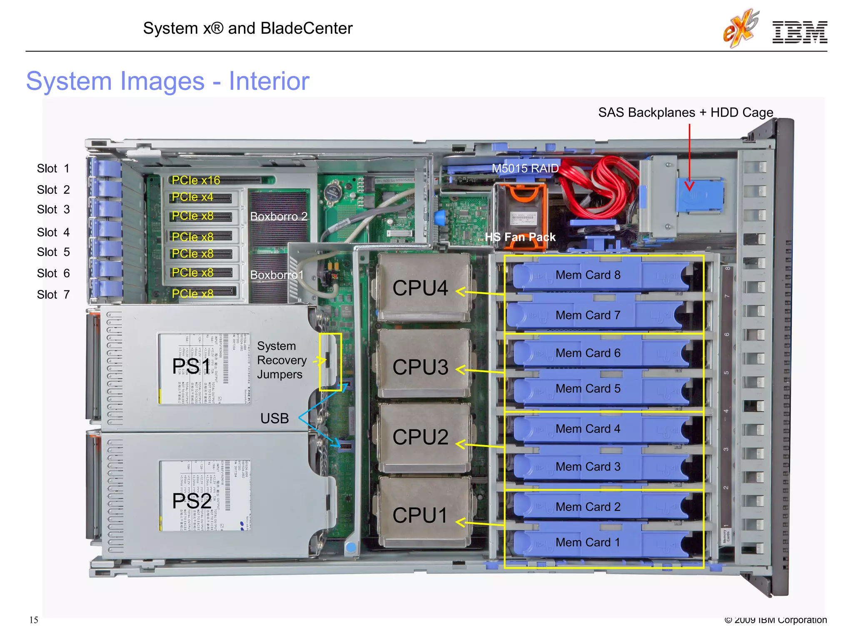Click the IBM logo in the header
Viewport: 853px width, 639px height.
tap(799, 32)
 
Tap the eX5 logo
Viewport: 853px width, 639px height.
tap(741, 28)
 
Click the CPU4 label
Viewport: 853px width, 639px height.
tap(420, 288)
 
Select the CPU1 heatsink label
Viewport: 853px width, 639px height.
tap(420, 515)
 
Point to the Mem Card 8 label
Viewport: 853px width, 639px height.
tap(588, 275)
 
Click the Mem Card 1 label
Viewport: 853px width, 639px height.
tap(588, 542)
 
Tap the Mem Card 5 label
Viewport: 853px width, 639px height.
tap(588, 389)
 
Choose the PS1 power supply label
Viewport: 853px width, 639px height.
tap(191, 367)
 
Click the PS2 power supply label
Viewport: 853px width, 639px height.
tap(191, 501)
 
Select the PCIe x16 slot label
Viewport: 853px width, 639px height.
tap(196, 180)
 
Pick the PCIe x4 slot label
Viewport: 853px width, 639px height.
tap(192, 197)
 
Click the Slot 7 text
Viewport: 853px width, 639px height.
tap(53, 295)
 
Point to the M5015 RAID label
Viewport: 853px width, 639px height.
tap(525, 168)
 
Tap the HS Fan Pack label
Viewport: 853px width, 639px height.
tap(520, 237)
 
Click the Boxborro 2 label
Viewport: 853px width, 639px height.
tap(279, 216)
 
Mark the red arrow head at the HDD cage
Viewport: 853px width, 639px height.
tap(689, 186)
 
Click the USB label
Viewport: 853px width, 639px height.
tap(274, 418)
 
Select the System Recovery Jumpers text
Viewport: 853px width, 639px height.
tap(282, 360)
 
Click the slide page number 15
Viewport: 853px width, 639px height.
tap(34, 620)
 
